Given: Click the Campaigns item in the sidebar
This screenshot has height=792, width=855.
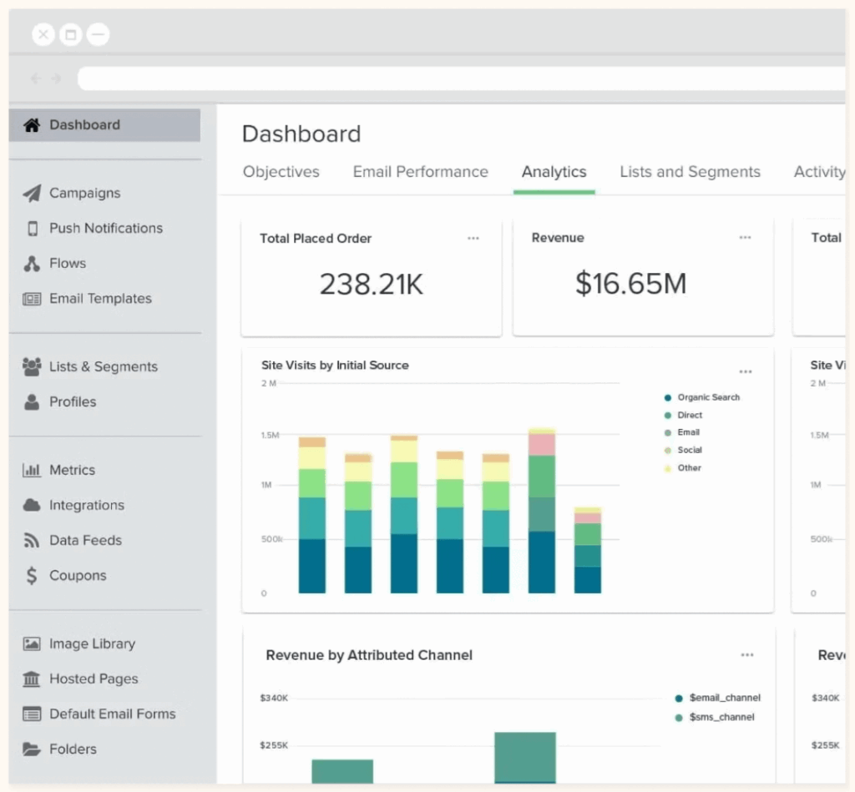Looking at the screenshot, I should tap(84, 193).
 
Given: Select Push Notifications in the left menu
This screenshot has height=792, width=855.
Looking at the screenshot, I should tap(105, 228).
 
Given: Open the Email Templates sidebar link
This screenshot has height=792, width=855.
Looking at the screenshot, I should tap(100, 298).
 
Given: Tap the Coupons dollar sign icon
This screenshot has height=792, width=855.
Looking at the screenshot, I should tap(32, 575).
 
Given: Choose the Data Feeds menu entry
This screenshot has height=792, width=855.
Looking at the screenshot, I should tap(85, 540).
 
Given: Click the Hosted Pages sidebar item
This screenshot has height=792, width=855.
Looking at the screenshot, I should tap(94, 678).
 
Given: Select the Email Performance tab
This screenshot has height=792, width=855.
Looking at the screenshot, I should tap(420, 172).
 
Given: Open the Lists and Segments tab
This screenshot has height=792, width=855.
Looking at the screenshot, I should tap(690, 172).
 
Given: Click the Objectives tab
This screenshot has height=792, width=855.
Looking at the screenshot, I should tap(281, 172).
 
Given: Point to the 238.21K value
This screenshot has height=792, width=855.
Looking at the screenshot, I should tap(372, 285).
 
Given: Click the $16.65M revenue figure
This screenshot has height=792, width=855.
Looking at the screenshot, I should tap(630, 284).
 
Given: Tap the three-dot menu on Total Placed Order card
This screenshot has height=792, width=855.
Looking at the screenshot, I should tap(473, 238).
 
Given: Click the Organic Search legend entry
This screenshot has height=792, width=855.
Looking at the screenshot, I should tap(708, 397).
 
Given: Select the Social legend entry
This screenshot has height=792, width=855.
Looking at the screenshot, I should tap(690, 450).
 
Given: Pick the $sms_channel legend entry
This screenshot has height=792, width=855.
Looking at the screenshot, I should tap(721, 717).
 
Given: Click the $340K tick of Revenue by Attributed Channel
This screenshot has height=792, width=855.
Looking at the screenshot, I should tap(275, 697).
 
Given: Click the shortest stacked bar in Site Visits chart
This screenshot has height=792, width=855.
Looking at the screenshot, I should tap(588, 551).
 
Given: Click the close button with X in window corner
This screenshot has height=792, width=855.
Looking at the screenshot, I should tap(43, 34).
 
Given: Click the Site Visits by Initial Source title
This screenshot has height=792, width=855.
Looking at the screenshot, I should tap(335, 365).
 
